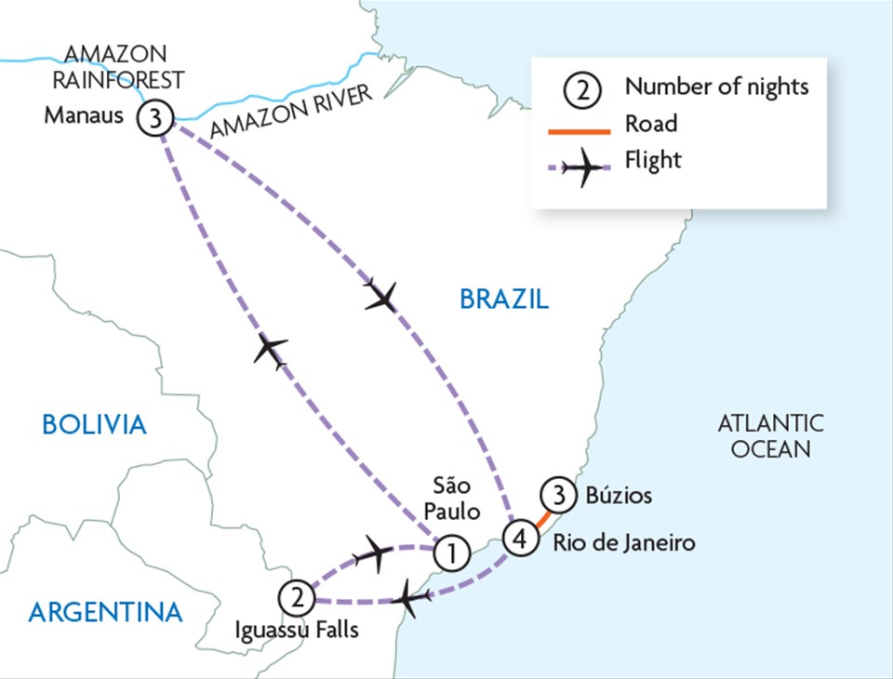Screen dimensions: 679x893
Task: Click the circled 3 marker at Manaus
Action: click(153, 118)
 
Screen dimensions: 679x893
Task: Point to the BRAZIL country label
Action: click(504, 299)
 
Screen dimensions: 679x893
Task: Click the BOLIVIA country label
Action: click(94, 425)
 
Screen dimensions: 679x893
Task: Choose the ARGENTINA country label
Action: click(105, 612)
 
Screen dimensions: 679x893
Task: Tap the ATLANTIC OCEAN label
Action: click(770, 436)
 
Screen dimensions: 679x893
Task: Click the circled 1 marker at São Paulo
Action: click(450, 553)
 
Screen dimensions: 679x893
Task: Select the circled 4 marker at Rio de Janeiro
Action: click(520, 539)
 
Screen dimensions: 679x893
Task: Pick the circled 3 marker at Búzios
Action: click(557, 495)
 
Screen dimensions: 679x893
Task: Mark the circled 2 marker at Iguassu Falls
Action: click(295, 593)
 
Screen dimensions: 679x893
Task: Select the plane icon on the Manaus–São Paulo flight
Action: click(271, 351)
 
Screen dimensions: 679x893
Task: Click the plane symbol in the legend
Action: click(585, 168)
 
